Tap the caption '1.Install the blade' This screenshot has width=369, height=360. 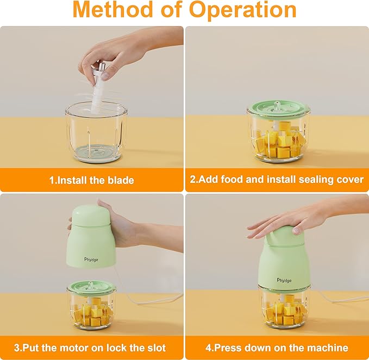(x=92, y=180)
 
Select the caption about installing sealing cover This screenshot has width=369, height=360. (x=277, y=180)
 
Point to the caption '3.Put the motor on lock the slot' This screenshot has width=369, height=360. (x=92, y=348)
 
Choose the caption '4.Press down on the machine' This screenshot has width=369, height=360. (x=277, y=348)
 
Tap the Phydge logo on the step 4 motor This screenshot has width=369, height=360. (x=284, y=264)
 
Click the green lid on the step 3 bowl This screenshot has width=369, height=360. (x=91, y=285)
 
